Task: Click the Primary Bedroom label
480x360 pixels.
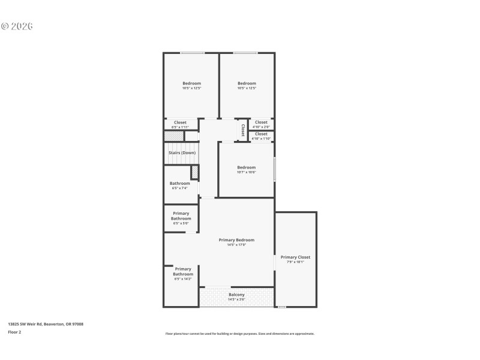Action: coord(236,239)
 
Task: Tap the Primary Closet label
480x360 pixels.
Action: coord(295,257)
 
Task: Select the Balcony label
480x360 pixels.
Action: coord(236,295)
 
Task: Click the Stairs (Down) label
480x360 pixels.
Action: coord(181,152)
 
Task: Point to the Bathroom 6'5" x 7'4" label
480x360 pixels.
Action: coord(179,183)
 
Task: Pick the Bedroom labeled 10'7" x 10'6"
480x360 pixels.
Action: coord(246,167)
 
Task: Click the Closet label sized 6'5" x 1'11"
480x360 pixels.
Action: coord(180,122)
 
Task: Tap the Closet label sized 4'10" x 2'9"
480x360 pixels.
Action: coord(261,122)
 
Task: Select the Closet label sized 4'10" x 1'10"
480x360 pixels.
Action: coord(261,134)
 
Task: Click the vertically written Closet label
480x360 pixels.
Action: coord(243,130)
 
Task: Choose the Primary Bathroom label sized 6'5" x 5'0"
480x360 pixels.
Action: coord(181,216)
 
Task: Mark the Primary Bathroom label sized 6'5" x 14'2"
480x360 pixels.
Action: coord(183,271)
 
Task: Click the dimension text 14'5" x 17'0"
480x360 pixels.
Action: coord(236,245)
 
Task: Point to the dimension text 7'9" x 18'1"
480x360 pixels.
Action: coord(295,262)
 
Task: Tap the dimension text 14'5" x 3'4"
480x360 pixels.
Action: coord(236,299)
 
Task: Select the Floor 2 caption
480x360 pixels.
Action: coord(14,332)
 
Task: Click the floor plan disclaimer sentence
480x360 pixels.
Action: coord(239,334)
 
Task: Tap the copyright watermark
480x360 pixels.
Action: coord(17,26)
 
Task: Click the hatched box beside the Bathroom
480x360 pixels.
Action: coord(194,172)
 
